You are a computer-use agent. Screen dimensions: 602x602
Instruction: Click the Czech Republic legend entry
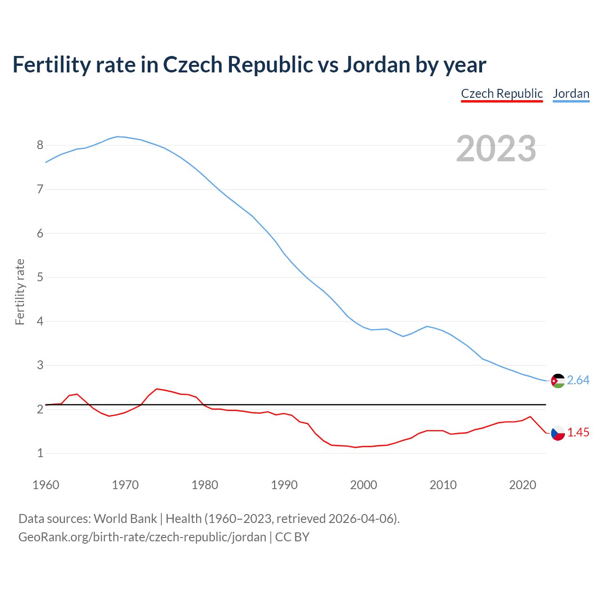pos(502,94)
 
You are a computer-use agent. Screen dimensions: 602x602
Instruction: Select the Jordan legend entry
pos(571,94)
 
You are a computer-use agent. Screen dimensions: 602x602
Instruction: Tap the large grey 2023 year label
pos(496,149)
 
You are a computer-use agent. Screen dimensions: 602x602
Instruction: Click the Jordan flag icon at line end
pos(558,380)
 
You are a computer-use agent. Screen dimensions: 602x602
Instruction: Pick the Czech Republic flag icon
pos(558,433)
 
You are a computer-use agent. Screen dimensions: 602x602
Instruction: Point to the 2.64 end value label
pos(578,380)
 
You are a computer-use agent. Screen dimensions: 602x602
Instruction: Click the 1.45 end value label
pos(578,432)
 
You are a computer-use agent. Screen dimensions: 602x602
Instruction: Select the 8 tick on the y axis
pos(40,145)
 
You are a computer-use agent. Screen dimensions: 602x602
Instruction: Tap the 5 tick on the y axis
pos(40,277)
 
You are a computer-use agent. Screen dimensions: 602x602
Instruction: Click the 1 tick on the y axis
pos(40,453)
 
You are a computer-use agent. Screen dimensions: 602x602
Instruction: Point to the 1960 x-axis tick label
pos(46,485)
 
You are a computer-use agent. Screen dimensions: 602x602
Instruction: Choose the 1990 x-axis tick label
pos(284,485)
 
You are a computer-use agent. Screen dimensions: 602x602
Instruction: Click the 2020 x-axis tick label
pos(523,485)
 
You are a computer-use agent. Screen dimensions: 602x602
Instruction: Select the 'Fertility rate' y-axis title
pos(20,292)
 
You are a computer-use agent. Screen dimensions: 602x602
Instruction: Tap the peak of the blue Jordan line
pos(117,136)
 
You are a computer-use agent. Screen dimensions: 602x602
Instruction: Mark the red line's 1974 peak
pos(157,389)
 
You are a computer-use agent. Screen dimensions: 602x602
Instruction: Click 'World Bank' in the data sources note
pos(125,519)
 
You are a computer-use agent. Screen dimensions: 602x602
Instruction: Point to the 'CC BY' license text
pos(292,537)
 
